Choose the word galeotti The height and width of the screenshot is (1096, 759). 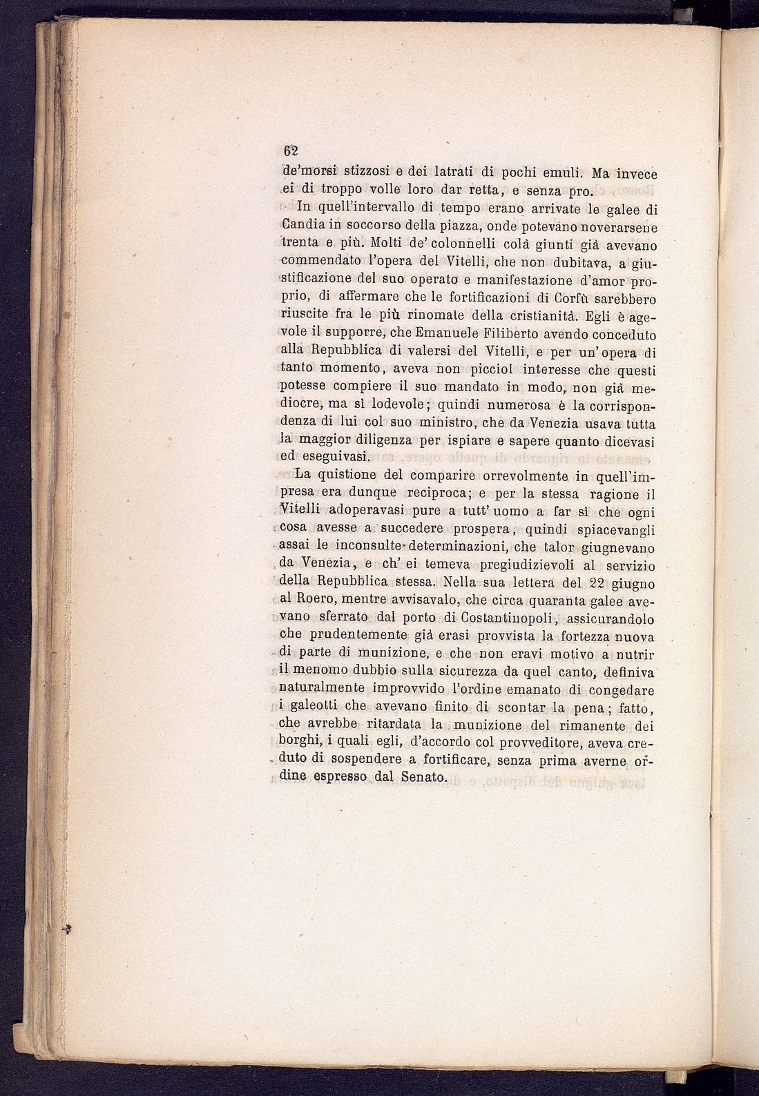coord(316,707)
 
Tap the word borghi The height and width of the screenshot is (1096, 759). coord(296,743)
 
